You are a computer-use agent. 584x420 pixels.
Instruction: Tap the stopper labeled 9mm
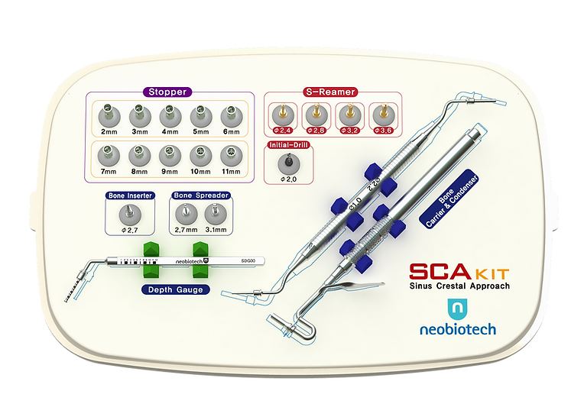(x=168, y=156)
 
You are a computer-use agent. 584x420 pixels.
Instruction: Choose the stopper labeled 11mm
(x=229, y=156)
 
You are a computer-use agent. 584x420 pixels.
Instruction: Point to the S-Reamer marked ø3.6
(x=382, y=115)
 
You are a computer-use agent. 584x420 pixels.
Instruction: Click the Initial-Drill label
(x=288, y=144)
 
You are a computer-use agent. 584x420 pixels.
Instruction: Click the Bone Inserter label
(x=130, y=195)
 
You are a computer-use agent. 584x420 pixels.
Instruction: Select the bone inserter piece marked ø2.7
(x=130, y=213)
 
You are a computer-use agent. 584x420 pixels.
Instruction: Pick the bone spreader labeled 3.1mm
(x=216, y=213)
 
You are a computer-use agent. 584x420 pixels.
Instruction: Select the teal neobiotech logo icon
(x=457, y=308)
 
